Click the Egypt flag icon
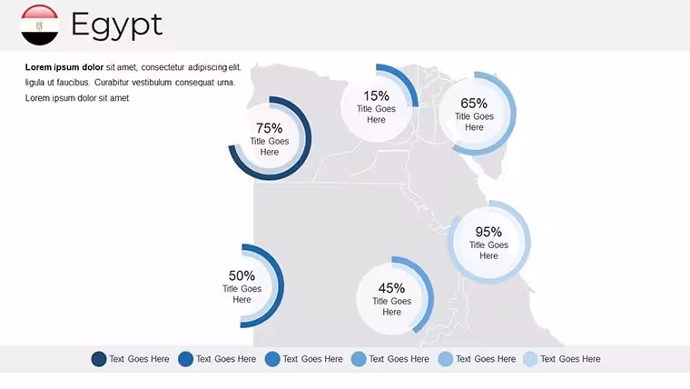39,25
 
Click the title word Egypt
116,25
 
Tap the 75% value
270,128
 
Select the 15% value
376,95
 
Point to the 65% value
474,103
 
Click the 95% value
488,232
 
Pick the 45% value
391,288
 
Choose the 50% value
241,275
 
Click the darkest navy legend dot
99,359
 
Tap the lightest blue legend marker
530,359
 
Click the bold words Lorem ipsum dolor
64,67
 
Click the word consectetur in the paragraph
163,67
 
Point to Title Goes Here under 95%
488,250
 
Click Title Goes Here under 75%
270,146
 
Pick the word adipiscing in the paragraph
207,67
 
